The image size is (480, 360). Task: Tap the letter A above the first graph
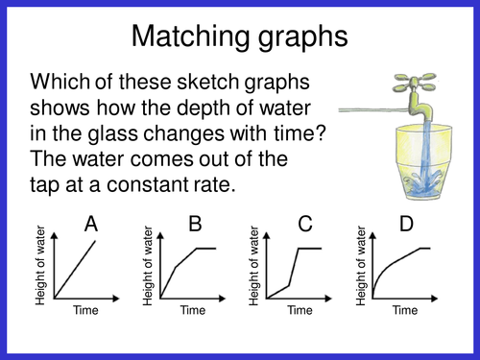(91, 225)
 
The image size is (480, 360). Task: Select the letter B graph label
(195, 225)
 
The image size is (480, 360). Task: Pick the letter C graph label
(306, 225)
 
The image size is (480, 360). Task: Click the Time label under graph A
(83, 310)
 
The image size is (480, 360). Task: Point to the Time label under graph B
(192, 310)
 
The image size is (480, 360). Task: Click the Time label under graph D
(403, 310)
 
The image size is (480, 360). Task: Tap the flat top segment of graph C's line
(309, 248)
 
